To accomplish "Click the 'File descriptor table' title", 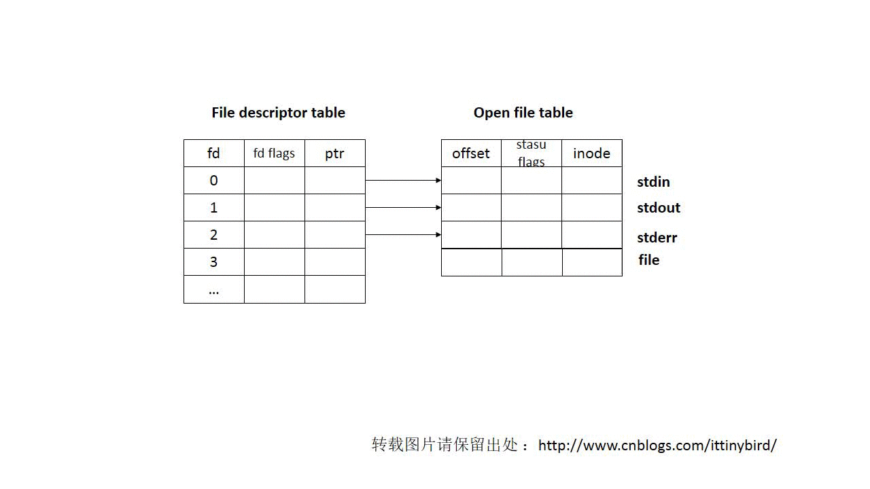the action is point(278,113).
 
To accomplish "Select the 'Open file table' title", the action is point(523,113).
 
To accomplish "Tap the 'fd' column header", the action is point(213,153).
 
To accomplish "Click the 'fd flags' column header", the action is point(274,153).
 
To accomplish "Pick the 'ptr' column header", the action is point(335,153).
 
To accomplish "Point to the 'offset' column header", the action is point(471,153).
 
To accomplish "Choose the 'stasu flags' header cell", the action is point(532,153).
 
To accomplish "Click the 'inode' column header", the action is point(592,153).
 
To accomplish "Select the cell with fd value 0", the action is point(213,181).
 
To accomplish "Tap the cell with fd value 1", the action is point(213,208).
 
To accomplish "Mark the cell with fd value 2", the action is point(213,235).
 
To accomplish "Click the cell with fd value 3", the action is point(213,262).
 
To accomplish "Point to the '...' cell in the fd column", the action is point(213,289).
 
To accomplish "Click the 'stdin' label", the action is point(653,182).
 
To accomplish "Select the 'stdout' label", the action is point(659,208).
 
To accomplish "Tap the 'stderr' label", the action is point(657,238).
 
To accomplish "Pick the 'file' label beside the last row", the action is point(648,260).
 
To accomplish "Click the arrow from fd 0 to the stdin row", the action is point(403,181).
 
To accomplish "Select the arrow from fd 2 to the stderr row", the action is point(403,235).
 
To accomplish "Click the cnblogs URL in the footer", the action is point(657,446).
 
